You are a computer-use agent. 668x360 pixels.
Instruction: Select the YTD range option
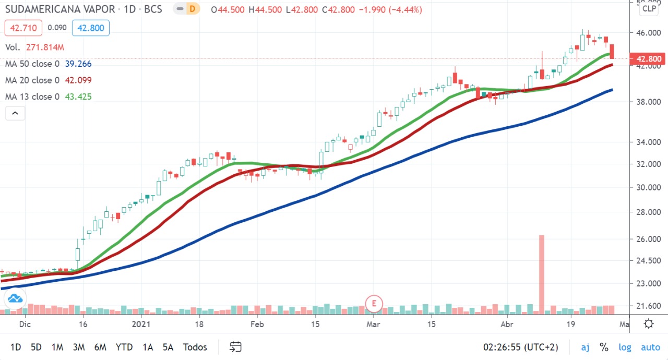[x=124, y=347]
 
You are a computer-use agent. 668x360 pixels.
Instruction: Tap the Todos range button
[x=195, y=347]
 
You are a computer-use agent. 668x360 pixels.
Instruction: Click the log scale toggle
[x=625, y=347]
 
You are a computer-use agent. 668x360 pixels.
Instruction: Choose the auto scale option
[x=650, y=347]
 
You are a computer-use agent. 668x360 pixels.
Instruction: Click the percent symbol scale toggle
[x=604, y=347]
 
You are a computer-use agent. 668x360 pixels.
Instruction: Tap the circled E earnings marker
[x=374, y=303]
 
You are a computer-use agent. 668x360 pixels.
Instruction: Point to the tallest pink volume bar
[x=542, y=274]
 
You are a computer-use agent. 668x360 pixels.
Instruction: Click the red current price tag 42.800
[x=649, y=59]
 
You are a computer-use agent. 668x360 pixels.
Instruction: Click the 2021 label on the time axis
[x=141, y=324]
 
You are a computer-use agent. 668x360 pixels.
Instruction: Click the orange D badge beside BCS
[x=193, y=9]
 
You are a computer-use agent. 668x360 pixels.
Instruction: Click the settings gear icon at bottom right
[x=649, y=324]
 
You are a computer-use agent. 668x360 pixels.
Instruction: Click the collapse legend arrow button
[x=15, y=113]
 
